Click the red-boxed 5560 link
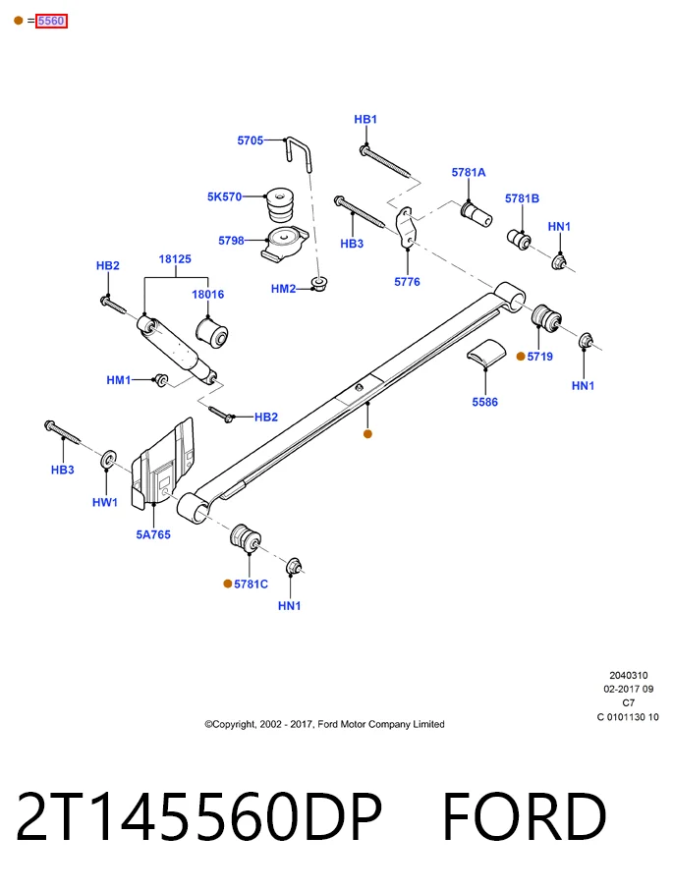(51, 21)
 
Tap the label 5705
(251, 139)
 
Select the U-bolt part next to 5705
(300, 153)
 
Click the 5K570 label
(224, 196)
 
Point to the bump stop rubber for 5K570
(280, 204)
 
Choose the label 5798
(231, 240)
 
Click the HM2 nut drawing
(319, 283)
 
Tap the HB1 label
(365, 119)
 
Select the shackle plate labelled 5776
(406, 227)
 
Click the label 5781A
(469, 172)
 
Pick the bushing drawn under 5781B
(519, 239)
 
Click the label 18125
(175, 258)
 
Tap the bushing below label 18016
(211, 333)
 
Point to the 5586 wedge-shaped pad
(486, 352)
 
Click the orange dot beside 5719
(521, 357)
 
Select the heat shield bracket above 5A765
(163, 463)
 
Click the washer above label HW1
(108, 460)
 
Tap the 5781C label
(251, 584)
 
